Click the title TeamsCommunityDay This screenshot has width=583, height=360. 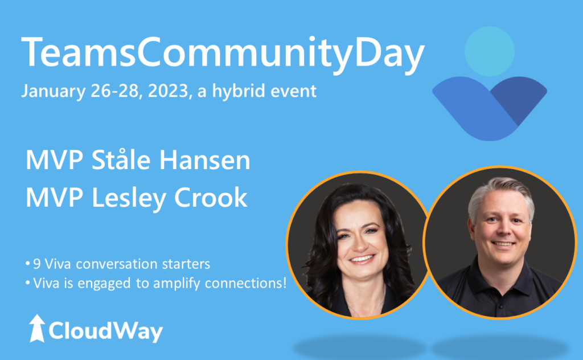pyautogui.click(x=223, y=52)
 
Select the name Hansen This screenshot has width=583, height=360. pyautogui.click(x=205, y=160)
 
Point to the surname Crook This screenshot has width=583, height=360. pyautogui.click(x=211, y=197)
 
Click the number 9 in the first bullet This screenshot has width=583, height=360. pyautogui.click(x=37, y=264)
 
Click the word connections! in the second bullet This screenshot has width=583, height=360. pyautogui.click(x=246, y=284)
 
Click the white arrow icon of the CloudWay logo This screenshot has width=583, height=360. pyautogui.click(x=37, y=328)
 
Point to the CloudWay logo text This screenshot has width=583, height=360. pyautogui.click(x=105, y=330)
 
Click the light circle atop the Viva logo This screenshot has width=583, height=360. pyautogui.click(x=489, y=51)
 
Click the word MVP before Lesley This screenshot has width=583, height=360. pyautogui.click(x=54, y=198)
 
